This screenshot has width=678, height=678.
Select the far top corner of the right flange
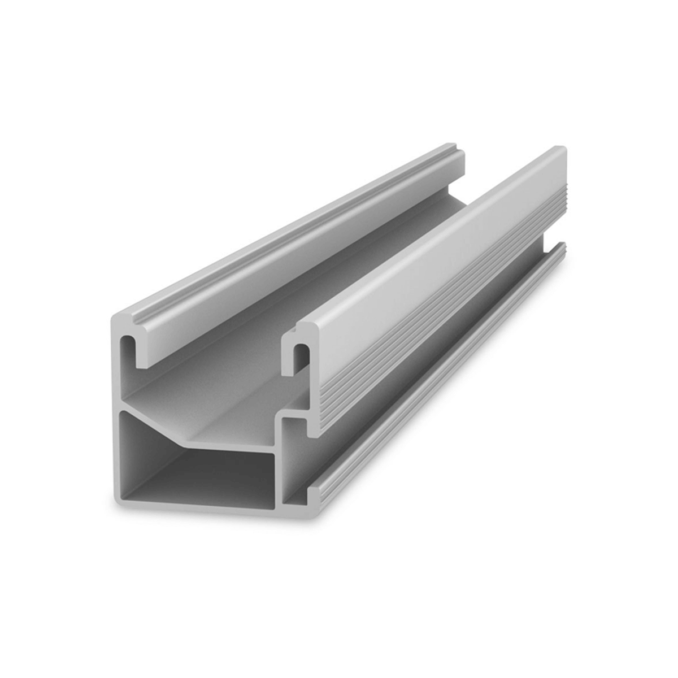tap(559, 150)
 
